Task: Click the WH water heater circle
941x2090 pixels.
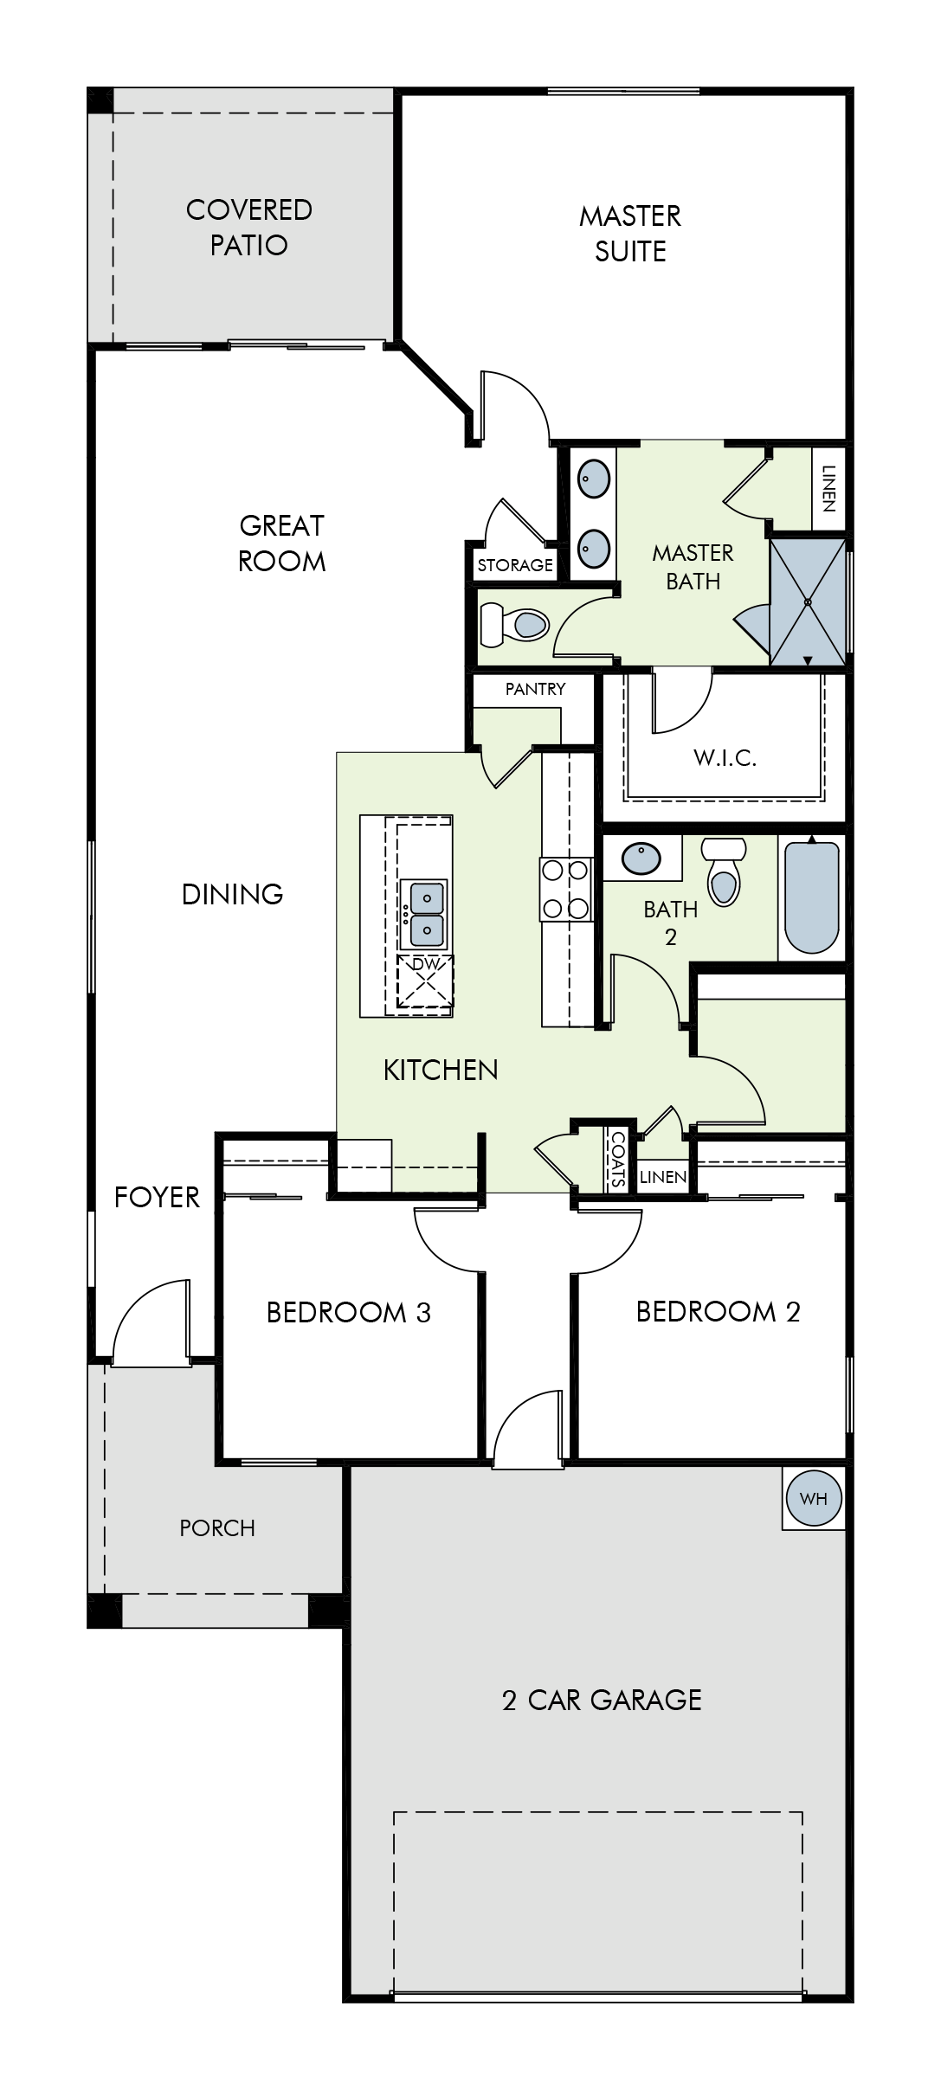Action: click(x=814, y=1498)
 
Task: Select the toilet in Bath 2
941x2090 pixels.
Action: click(x=724, y=870)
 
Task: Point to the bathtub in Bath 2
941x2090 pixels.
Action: click(x=811, y=897)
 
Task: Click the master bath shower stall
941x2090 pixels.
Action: click(x=808, y=601)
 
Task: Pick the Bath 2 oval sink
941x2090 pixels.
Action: click(x=641, y=859)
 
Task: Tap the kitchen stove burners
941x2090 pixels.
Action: click(x=566, y=889)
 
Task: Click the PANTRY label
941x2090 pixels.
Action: click(x=535, y=689)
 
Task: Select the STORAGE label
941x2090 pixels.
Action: click(x=515, y=565)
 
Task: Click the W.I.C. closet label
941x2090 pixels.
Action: click(x=725, y=759)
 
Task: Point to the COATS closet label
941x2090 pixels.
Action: click(x=618, y=1159)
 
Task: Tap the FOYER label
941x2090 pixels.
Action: click(x=157, y=1197)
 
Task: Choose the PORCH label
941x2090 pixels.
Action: click(x=217, y=1528)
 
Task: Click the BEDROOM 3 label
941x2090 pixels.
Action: click(x=348, y=1313)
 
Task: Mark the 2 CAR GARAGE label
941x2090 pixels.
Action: click(x=602, y=1700)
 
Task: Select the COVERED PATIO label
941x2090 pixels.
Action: click(x=249, y=227)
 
